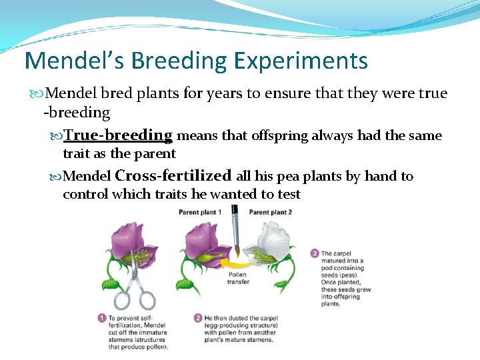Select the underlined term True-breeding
(118, 135)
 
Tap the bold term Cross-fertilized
(173, 176)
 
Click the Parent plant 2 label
(270, 212)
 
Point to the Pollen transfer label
(237, 278)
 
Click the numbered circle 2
(197, 319)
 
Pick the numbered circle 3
(314, 253)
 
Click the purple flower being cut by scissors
(133, 243)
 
